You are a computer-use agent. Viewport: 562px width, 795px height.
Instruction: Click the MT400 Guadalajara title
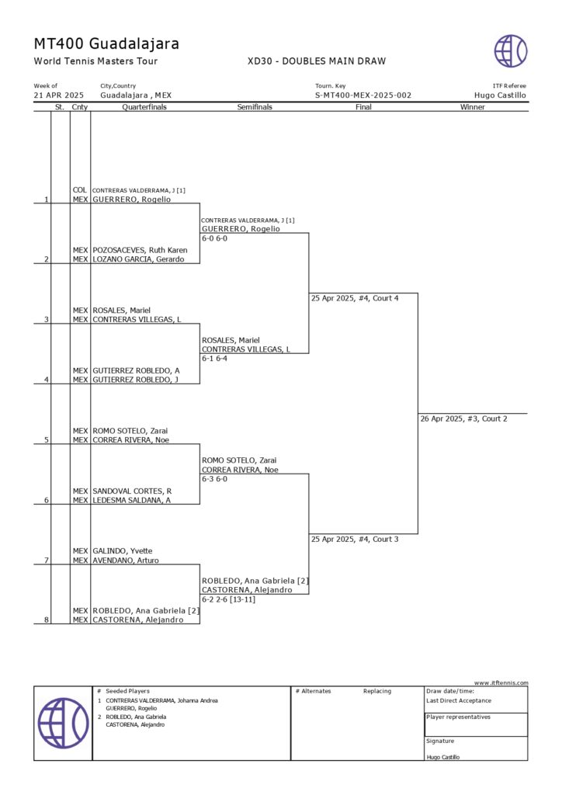tap(106, 43)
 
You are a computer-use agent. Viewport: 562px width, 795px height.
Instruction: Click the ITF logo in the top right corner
tap(511, 51)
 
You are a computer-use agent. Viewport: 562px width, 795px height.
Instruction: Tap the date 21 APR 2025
tap(59, 95)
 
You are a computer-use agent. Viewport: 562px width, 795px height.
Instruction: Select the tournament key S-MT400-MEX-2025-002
tap(363, 95)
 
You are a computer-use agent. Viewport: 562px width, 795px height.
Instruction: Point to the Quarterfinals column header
tap(144, 107)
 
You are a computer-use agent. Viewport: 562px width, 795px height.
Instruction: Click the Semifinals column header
tap(255, 107)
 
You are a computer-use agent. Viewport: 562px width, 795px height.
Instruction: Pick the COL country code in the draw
tap(80, 190)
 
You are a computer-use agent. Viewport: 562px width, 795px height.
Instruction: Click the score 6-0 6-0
tap(214, 238)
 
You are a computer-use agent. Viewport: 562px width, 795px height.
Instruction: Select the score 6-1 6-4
tap(214, 359)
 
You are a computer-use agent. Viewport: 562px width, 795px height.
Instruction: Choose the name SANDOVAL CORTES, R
tap(132, 491)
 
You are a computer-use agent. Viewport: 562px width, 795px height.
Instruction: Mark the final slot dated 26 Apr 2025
tap(463, 419)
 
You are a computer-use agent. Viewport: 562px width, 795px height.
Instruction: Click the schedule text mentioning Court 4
tap(355, 298)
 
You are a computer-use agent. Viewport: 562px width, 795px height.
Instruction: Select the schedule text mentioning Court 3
tap(355, 539)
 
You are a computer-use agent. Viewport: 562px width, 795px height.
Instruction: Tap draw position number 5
tap(47, 440)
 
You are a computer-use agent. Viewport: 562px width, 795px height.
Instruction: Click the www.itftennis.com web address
tap(501, 683)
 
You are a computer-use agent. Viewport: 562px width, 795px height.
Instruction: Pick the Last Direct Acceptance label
tap(459, 700)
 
